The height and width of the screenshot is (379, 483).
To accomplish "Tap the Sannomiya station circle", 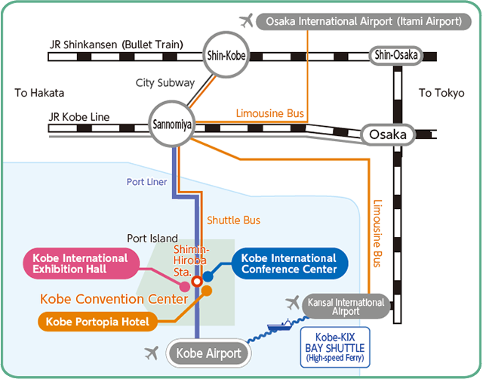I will point(174,124).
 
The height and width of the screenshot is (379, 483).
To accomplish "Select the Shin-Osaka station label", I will point(396,54).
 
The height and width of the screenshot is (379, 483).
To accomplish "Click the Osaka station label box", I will point(388,135).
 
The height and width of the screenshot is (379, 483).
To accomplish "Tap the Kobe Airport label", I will point(209,353).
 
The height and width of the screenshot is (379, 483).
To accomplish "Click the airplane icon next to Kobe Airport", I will point(152,353).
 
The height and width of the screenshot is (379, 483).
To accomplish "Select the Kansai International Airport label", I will point(346,306).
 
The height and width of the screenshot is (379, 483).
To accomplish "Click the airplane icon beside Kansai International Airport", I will point(293,303).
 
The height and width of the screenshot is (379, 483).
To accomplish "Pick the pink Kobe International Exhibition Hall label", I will point(78,263).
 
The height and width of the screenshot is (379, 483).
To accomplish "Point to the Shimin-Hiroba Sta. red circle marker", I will point(197,281).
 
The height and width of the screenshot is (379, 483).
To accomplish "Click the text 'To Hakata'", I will point(40,93).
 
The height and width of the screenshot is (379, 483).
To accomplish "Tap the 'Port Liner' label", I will point(146,182).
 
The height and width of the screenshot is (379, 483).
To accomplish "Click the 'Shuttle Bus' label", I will point(233,220).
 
